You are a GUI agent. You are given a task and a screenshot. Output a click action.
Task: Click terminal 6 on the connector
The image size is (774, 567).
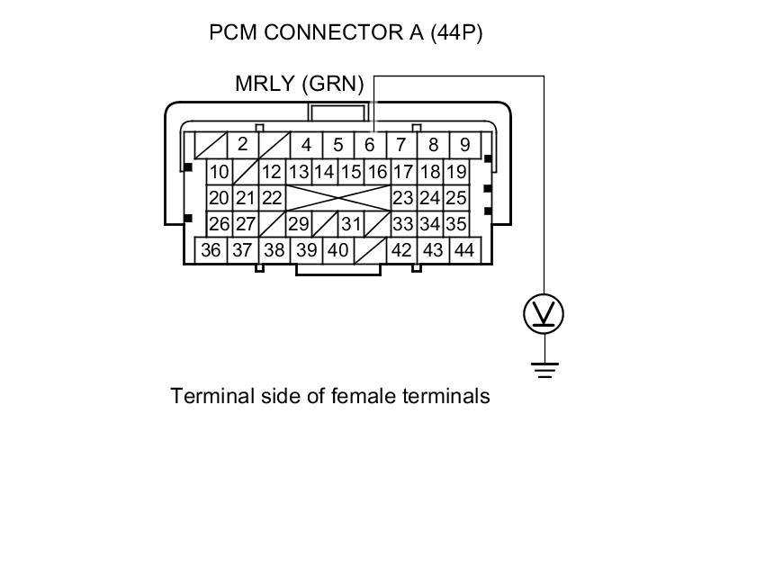click(369, 145)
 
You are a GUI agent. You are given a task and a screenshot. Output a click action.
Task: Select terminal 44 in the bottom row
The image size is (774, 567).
click(464, 250)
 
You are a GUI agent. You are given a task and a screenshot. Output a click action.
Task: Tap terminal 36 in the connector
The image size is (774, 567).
click(211, 250)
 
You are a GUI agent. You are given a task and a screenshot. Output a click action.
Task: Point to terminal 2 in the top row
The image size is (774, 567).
click(242, 144)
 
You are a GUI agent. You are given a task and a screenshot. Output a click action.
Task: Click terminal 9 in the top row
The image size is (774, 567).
click(464, 145)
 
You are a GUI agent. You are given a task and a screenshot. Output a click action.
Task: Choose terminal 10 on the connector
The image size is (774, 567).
click(219, 172)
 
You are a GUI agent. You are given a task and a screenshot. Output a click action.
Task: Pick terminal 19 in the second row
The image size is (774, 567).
click(456, 172)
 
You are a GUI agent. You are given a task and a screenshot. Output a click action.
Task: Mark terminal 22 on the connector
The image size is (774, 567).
click(272, 198)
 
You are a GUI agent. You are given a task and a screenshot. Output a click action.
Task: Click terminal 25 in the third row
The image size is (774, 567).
click(456, 198)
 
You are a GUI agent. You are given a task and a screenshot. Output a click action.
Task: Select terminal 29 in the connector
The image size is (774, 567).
click(298, 224)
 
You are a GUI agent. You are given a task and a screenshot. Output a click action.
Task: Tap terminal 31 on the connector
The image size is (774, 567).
click(351, 224)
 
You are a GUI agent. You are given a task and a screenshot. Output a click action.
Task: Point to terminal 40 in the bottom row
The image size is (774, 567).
click(337, 250)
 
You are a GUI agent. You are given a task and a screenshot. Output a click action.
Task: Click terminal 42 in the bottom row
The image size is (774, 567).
click(401, 250)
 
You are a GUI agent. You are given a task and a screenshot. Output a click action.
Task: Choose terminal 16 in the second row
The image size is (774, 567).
click(377, 172)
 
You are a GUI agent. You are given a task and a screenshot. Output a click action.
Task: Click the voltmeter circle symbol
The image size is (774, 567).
click(544, 314)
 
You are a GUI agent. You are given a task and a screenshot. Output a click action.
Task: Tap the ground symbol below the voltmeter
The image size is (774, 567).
click(544, 369)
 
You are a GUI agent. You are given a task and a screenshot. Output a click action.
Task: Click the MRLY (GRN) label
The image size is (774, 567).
click(299, 85)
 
